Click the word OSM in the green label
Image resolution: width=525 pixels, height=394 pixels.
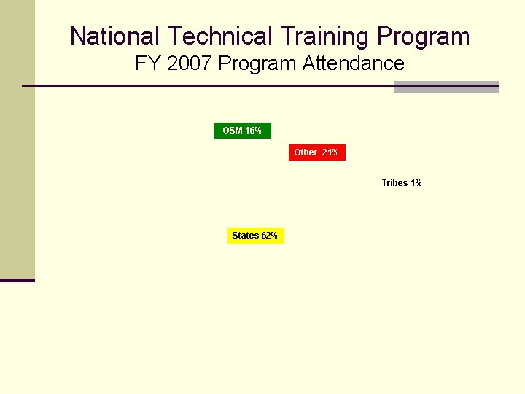pos(233,131)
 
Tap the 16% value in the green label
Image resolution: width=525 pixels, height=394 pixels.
pos(253,131)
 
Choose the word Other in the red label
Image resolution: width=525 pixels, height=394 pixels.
pos(306,152)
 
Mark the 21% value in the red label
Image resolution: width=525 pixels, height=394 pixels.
pos(330,152)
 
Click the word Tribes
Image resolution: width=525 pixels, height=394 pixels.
pos(394,183)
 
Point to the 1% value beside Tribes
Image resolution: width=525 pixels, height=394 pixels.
pos(416,183)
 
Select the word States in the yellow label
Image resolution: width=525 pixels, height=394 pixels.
pos(245,236)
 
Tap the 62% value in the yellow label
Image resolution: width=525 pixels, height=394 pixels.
pos(269,236)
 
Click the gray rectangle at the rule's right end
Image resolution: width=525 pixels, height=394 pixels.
pos(446,87)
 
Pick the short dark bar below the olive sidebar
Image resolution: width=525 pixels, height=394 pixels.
pos(17,280)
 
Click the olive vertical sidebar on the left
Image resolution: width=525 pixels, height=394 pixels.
pos(17,146)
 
